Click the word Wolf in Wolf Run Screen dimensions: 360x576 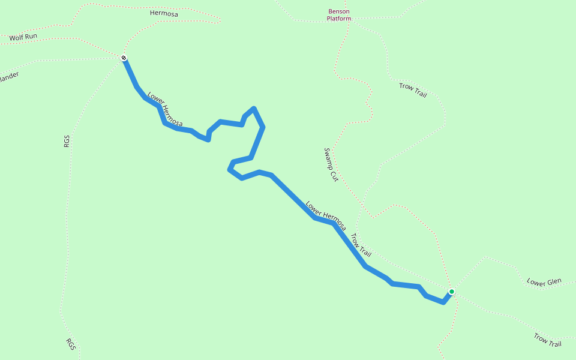17,38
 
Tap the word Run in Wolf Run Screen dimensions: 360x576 31,36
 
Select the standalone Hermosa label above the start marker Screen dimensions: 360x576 164,13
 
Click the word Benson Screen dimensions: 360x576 339,11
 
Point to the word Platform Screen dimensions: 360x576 339,19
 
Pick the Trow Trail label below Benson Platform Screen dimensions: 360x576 413,90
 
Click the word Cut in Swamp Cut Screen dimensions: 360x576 334,176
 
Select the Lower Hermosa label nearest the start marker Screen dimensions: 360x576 164,109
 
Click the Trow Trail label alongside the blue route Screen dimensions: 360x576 361,245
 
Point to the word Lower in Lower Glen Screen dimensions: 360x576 536,282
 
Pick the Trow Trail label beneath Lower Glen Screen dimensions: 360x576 547,340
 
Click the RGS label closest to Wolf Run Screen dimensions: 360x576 67,142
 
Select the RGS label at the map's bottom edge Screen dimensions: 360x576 71,344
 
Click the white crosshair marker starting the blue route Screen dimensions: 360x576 124,58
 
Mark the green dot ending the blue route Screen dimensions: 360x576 451,292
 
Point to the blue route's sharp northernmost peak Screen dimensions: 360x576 254,109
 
